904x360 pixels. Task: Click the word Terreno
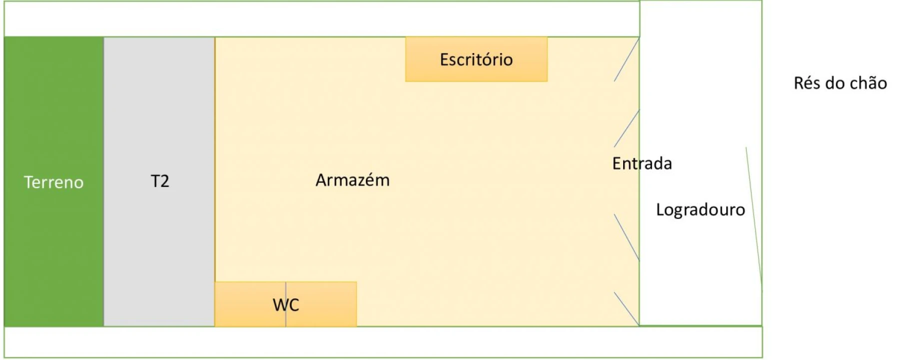pos(53,182)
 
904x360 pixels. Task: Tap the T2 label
pos(160,181)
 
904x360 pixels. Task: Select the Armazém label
pos(352,180)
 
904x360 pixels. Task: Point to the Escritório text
pos(476,60)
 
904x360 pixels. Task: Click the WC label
pos(285,304)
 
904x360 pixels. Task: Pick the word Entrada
pos(642,163)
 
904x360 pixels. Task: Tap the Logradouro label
pos(700,209)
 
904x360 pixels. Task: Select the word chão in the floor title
pos(869,83)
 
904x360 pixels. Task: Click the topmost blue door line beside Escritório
pos(627,60)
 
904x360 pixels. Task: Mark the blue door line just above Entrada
pos(627,128)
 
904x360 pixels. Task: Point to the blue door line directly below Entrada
pos(627,237)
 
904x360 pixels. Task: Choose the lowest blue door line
pos(627,309)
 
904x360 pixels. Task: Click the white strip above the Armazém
pos(320,19)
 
